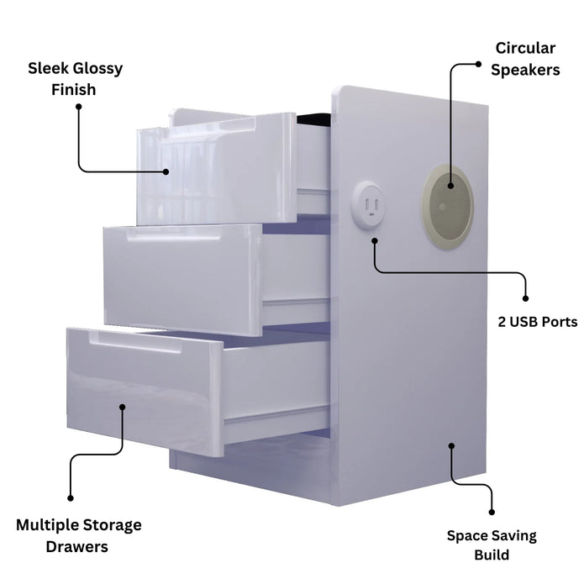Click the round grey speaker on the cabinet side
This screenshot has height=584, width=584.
coord(448,207)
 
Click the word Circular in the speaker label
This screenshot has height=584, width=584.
coord(525,48)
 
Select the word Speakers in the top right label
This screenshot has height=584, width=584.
coord(525,70)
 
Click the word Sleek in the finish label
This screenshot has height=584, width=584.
coord(48,68)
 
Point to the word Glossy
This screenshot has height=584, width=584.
coord(97,69)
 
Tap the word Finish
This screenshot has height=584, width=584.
coord(73,90)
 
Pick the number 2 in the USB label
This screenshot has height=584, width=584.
coord(502,322)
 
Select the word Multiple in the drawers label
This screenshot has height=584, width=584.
coord(47,525)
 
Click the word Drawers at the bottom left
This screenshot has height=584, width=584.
coord(76,547)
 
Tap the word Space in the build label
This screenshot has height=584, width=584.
coord(467,536)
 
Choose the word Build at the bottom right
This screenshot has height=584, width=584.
coord(492,555)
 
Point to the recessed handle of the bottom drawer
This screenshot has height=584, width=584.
coord(136,343)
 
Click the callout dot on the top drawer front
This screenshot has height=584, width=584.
coord(166,171)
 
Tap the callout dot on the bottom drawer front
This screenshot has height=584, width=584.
coord(122,407)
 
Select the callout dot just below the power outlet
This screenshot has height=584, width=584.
coord(375,241)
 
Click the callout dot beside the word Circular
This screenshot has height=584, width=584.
coord(478,64)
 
